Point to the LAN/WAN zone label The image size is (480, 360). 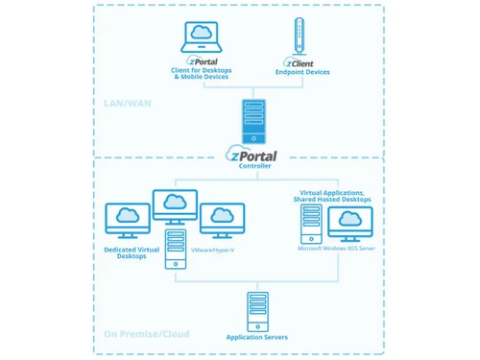click(x=130, y=103)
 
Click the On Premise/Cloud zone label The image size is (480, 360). click(x=147, y=334)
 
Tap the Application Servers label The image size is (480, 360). click(x=255, y=337)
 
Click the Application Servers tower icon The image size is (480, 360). click(x=255, y=309)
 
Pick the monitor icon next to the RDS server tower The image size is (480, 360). click(x=349, y=223)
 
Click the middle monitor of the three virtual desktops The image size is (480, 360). click(x=175, y=205)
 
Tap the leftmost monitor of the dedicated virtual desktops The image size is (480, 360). click(x=127, y=220)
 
